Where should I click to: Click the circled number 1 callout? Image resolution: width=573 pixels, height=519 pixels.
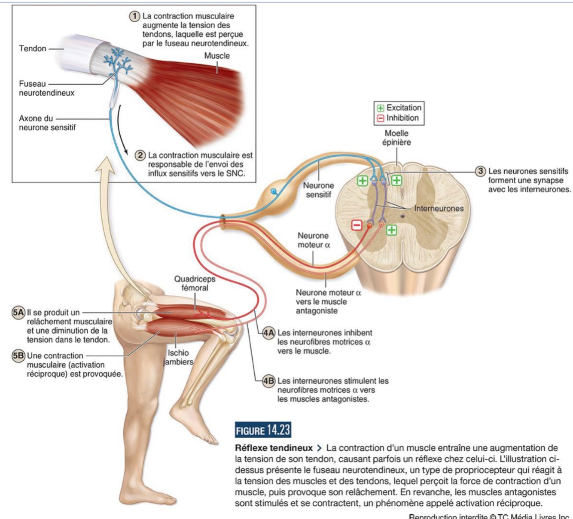(135, 16)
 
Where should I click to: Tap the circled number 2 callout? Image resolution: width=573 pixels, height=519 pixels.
(141, 155)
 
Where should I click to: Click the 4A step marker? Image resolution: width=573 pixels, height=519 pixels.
(269, 333)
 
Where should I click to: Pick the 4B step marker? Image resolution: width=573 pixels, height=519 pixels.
(269, 381)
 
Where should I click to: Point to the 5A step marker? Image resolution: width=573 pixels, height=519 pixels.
(18, 313)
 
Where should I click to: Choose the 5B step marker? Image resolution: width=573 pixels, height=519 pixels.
(18, 356)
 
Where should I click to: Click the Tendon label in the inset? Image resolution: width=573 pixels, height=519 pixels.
(33, 49)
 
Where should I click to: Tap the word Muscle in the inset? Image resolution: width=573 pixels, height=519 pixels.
(217, 56)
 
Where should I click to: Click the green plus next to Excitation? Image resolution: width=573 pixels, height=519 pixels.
(381, 108)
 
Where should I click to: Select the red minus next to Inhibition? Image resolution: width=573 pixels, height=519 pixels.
(381, 118)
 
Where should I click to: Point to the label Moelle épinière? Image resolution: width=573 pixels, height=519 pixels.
(396, 138)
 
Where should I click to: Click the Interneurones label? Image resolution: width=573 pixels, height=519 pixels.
(439, 209)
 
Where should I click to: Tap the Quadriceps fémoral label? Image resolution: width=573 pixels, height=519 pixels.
(195, 283)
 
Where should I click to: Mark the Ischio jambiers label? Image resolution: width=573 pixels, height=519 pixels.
(178, 357)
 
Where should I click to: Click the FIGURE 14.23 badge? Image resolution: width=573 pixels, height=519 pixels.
(263, 430)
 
